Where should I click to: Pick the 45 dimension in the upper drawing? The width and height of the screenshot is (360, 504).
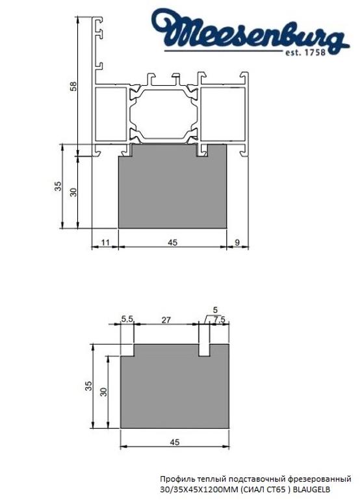[172, 242]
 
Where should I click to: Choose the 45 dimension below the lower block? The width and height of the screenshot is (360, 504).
[174, 442]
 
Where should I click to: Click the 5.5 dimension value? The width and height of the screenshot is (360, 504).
[127, 319]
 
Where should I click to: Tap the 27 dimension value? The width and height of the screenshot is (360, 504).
[166, 319]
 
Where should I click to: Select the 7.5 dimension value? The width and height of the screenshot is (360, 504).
[219, 319]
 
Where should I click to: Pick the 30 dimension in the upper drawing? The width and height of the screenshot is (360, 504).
[73, 192]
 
